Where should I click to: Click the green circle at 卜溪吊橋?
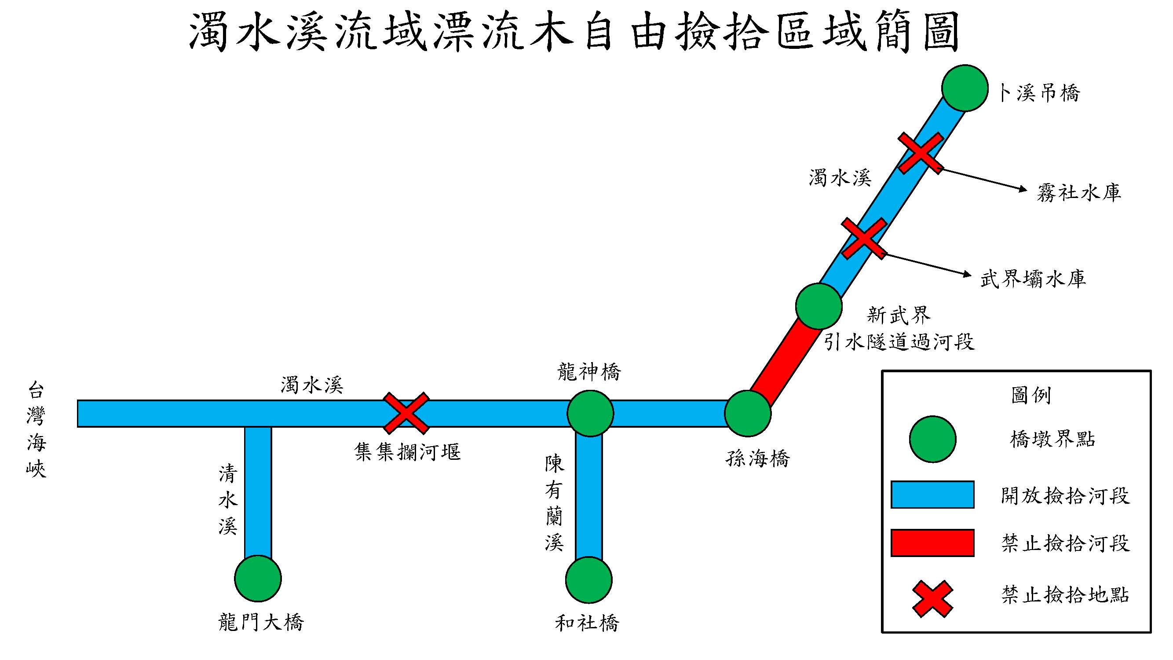tap(965, 88)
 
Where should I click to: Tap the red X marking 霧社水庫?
tap(920, 153)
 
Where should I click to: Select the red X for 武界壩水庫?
tap(864, 238)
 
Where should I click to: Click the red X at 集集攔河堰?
tap(406, 413)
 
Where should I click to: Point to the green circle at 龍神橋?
tap(590, 413)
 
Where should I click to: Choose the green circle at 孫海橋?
tap(747, 413)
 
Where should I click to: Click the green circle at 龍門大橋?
tap(258, 579)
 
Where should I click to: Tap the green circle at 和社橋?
tap(589, 580)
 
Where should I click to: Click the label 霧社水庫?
tap(1079, 193)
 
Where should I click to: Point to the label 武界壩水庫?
tap(1033, 279)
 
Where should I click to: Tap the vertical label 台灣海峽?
tap(37, 429)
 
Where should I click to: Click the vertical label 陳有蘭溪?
tap(554, 503)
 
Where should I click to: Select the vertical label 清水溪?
tap(228, 500)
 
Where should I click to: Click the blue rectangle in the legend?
tap(932, 495)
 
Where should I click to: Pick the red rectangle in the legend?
tap(932, 543)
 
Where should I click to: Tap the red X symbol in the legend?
tap(932, 598)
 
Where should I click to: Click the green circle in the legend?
tap(932, 439)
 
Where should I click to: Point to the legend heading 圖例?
tap(1031, 395)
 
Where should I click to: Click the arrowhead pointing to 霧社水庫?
tap(1023, 189)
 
